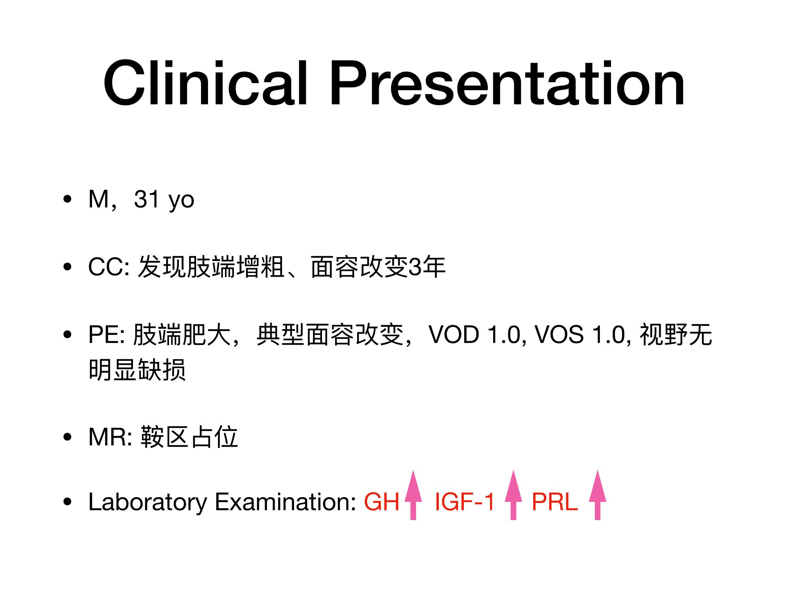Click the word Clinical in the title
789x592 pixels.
click(x=205, y=82)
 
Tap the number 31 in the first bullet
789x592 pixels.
click(x=146, y=199)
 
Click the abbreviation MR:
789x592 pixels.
click(x=111, y=437)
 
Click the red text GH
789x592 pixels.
click(x=382, y=502)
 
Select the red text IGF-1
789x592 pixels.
click(x=465, y=502)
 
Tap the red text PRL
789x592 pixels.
click(x=555, y=502)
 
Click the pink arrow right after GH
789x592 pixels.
click(x=413, y=495)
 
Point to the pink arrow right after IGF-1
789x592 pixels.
click(x=513, y=495)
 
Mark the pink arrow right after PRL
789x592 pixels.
click(x=598, y=495)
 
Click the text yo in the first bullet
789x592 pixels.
click(x=181, y=202)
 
